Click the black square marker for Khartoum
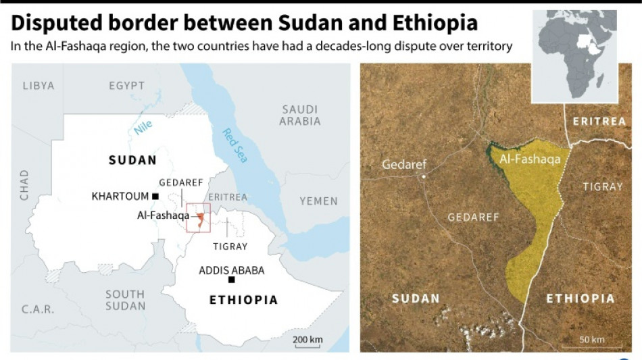click(155, 197)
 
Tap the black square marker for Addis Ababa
click(232, 280)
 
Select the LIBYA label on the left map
click(38, 86)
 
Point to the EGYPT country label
click(126, 86)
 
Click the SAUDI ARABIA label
click(301, 115)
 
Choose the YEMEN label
click(318, 201)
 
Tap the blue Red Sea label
click(235, 145)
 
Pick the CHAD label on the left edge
click(24, 184)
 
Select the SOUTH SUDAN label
click(125, 300)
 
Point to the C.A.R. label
click(37, 310)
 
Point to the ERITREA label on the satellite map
click(599, 122)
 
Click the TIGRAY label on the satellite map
click(602, 186)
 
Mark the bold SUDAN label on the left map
click(132, 160)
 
